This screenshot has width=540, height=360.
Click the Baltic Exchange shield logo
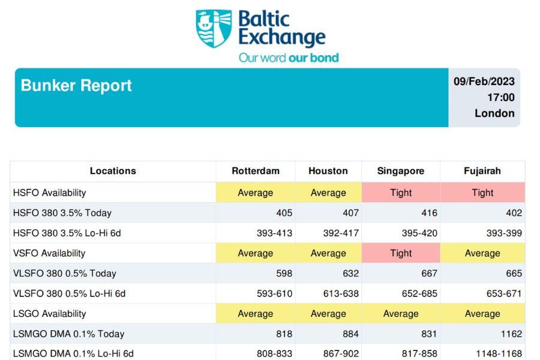click(214, 28)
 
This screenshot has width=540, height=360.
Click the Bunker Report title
click(76, 85)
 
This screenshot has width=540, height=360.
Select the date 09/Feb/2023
click(484, 82)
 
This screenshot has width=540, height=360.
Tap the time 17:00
click(501, 97)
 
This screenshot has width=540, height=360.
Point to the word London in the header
click(494, 113)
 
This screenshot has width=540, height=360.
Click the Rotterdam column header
click(256, 171)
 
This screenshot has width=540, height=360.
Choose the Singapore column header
click(401, 171)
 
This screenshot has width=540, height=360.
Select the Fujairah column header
click(482, 171)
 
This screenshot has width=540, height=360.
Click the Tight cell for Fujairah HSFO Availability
click(482, 192)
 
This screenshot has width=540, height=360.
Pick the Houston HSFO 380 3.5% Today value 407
click(350, 213)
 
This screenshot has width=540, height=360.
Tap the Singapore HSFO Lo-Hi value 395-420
click(419, 233)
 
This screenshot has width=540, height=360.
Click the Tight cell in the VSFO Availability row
click(401, 253)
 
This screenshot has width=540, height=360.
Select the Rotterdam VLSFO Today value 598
click(284, 274)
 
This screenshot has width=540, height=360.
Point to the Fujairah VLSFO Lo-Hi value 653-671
click(504, 293)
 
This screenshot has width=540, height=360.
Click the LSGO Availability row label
click(49, 314)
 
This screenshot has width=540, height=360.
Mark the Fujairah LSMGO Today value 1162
click(511, 334)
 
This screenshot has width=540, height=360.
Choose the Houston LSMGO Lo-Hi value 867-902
click(341, 354)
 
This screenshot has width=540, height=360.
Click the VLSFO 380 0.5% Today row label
click(64, 274)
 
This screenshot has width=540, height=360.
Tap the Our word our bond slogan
click(289, 58)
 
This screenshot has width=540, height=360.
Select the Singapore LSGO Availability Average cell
click(401, 313)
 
